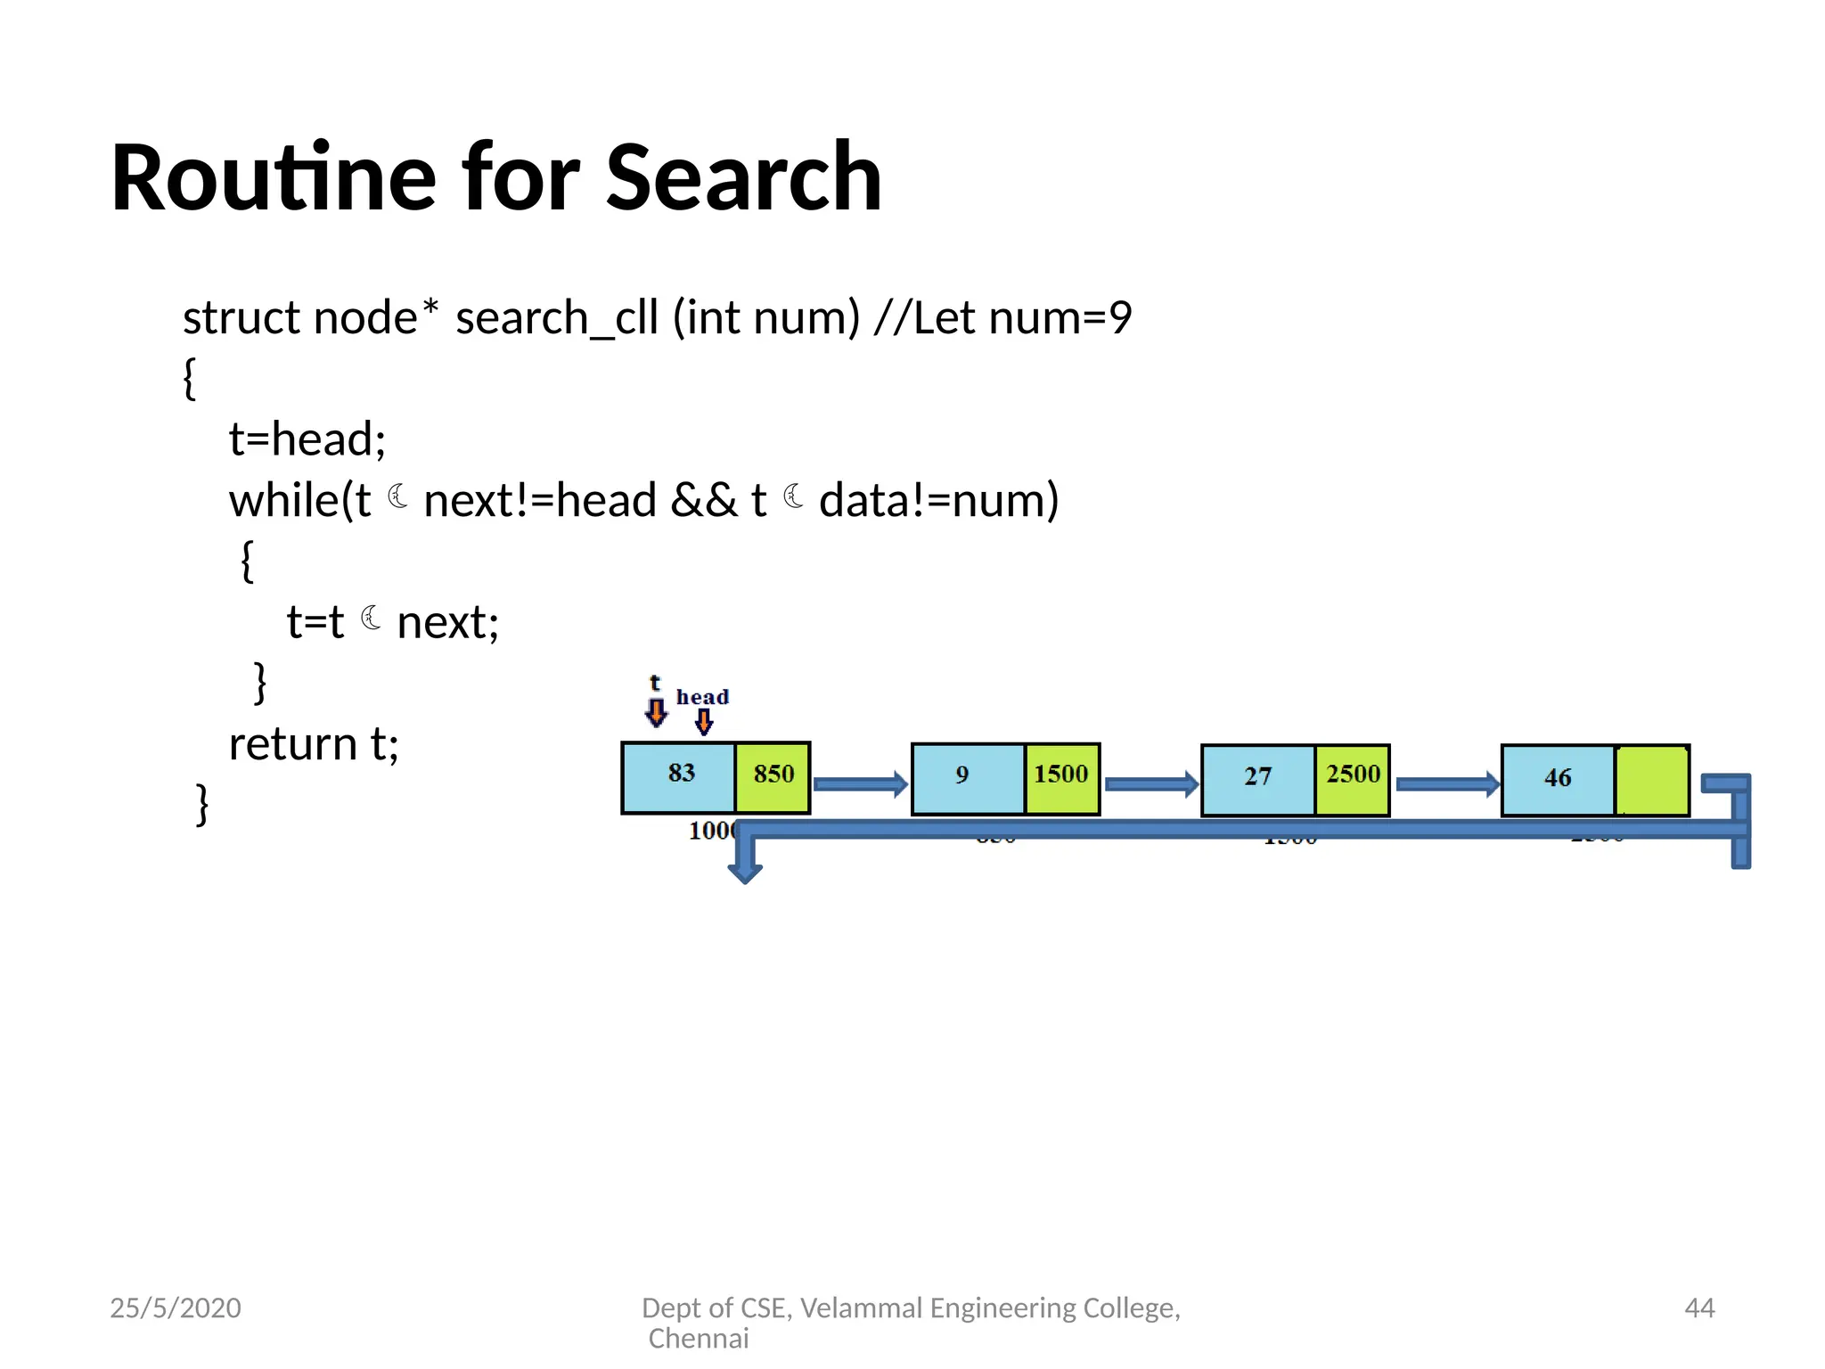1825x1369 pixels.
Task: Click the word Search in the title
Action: point(743,178)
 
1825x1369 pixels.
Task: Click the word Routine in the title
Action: point(274,178)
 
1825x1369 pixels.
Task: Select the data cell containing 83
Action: point(679,777)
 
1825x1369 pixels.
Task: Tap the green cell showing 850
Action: point(773,777)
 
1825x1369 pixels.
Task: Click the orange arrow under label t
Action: point(656,712)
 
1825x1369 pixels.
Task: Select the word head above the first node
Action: point(702,697)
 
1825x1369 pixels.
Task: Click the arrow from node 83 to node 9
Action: point(860,784)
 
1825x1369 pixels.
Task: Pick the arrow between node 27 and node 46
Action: point(1447,784)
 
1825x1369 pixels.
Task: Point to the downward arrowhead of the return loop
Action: point(745,871)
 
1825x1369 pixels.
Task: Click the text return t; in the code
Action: point(314,744)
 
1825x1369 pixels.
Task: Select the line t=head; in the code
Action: point(307,439)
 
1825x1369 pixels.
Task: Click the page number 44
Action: point(1699,1308)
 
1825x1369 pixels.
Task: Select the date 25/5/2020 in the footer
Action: point(176,1308)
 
